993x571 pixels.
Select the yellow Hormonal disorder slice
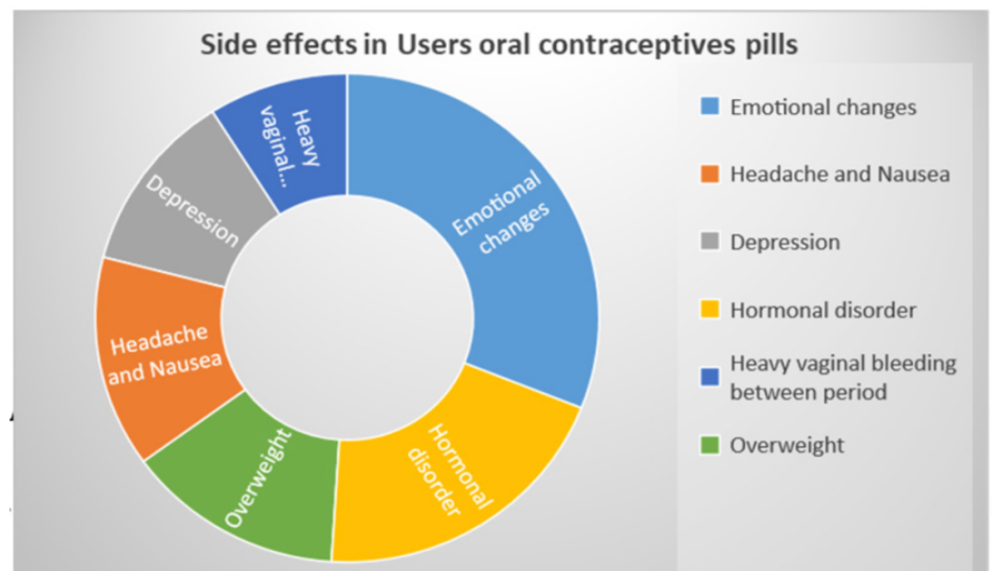coord(451,469)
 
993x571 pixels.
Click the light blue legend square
coord(708,108)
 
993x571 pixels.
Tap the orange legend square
coord(708,175)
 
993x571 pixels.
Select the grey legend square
coord(708,243)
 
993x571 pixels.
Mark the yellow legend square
coord(708,310)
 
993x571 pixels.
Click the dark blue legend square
coord(708,377)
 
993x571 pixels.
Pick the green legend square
coord(708,445)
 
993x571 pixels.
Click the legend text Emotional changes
coord(823,108)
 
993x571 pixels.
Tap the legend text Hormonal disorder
coord(823,310)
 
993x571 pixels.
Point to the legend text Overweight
coord(786,445)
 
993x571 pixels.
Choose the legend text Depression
coord(784,243)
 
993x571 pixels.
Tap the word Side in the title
coord(223,46)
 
